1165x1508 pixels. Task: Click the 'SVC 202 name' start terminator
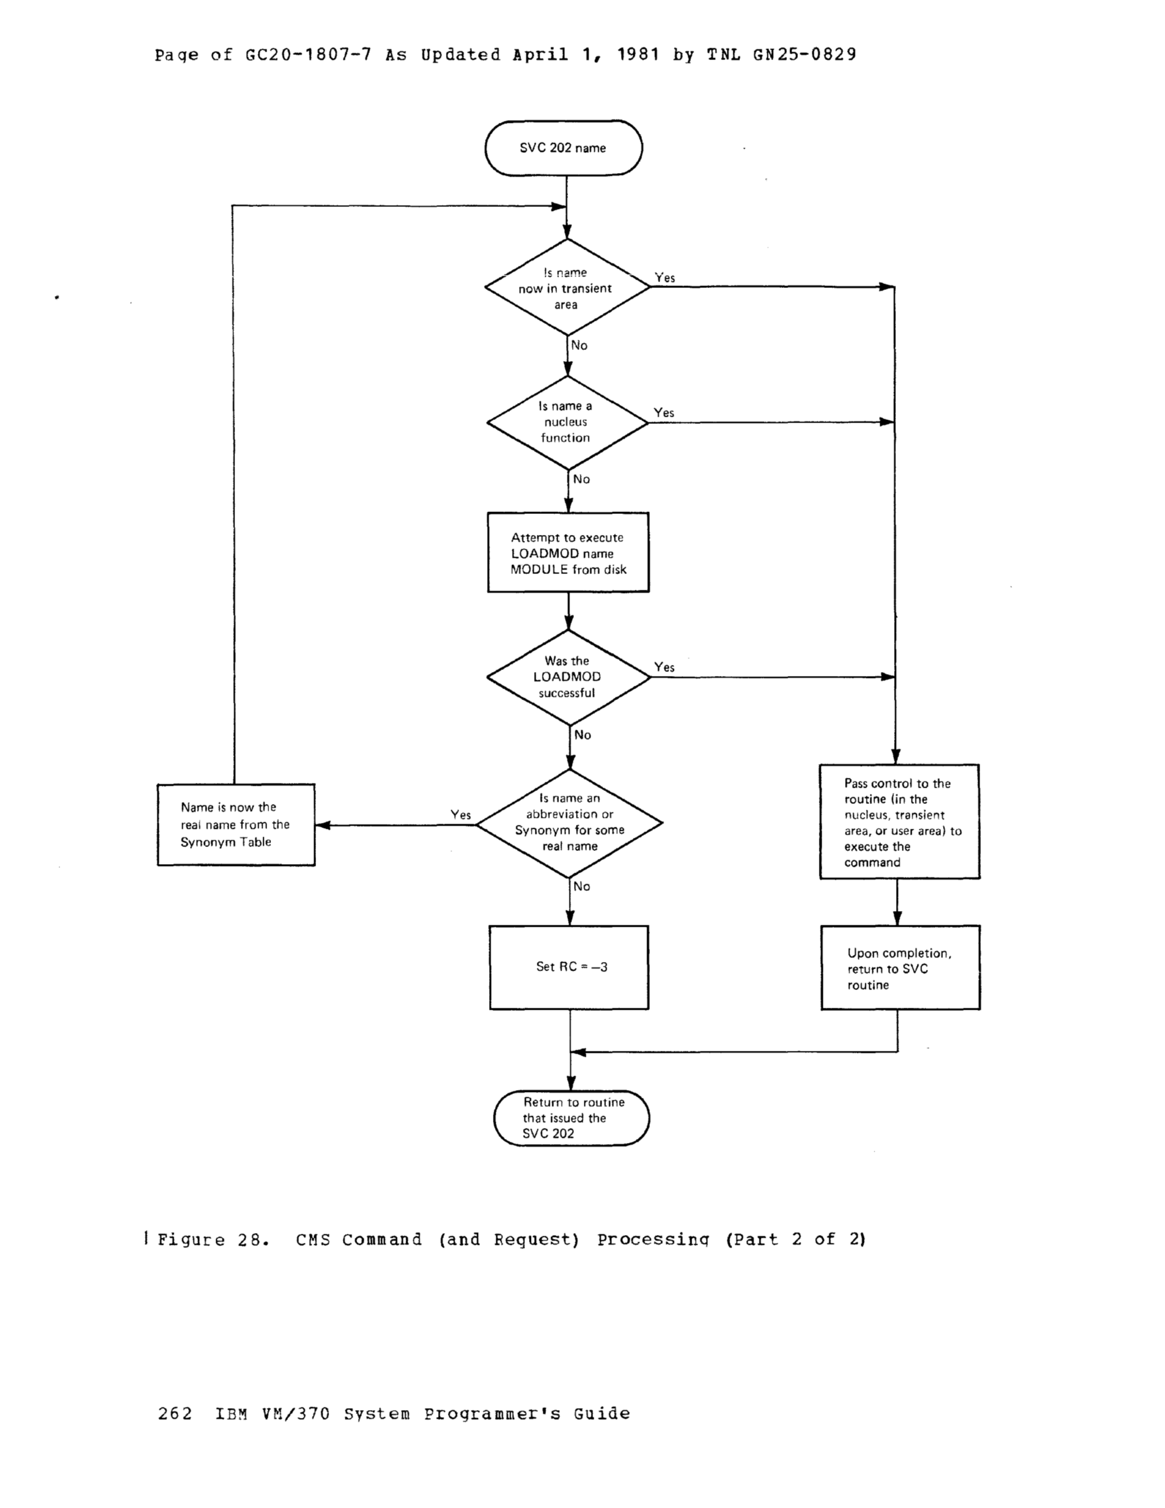click(564, 148)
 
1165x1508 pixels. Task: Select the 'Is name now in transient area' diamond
click(567, 288)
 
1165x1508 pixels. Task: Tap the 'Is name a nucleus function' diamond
click(567, 422)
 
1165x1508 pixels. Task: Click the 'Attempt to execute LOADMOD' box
click(567, 553)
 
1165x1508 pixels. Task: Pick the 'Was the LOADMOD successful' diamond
click(568, 677)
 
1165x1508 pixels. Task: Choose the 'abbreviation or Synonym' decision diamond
click(569, 822)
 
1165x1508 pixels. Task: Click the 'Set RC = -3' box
click(569, 967)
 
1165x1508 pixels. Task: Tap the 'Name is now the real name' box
click(236, 824)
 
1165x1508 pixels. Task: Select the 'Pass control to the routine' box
click(899, 822)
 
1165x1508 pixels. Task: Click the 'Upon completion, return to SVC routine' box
click(900, 968)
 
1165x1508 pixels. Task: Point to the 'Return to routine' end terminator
click(571, 1117)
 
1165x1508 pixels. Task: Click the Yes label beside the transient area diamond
click(664, 278)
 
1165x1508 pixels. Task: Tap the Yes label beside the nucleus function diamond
click(663, 412)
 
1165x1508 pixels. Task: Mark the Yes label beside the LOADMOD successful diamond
click(664, 667)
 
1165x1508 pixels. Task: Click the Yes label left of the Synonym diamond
click(460, 815)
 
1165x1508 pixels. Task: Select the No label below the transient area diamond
click(579, 345)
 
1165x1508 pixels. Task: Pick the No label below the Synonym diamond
click(581, 886)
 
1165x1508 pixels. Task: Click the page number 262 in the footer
click(175, 1413)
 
